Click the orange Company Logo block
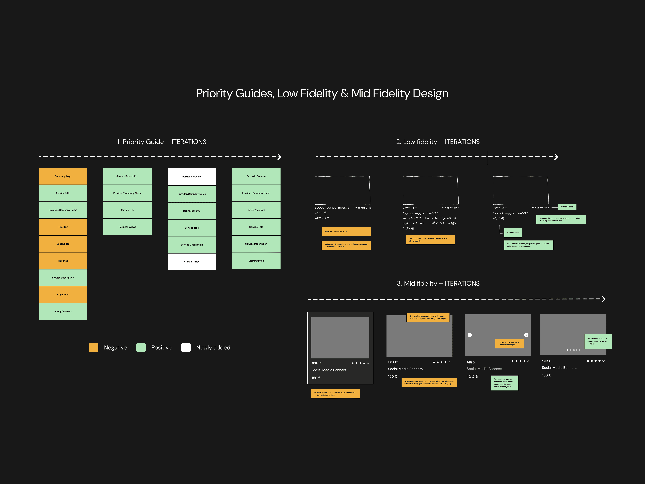[63, 176]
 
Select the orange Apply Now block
[63, 295]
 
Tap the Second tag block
[63, 244]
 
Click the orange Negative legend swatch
[94, 347]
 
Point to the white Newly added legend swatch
[186, 347]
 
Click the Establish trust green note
[567, 207]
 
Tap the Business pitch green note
[513, 233]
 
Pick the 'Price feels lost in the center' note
[346, 231]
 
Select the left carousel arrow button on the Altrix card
[470, 335]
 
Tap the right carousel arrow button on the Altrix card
[526, 335]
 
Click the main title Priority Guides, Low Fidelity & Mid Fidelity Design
[322, 93]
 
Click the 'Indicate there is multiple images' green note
[598, 341]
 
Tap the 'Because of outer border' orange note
[335, 394]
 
